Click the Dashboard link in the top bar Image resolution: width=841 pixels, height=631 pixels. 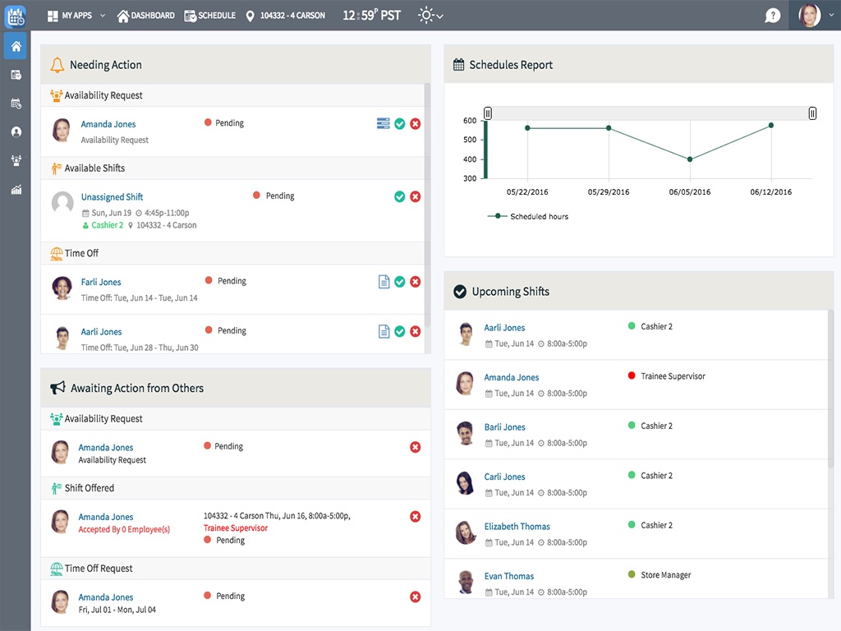146,16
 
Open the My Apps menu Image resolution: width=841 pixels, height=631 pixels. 76,16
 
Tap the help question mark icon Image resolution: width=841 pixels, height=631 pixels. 772,16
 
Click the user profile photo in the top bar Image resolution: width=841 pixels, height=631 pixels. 809,16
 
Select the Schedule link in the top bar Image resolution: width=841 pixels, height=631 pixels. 210,16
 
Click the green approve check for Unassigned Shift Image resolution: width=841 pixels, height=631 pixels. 399,196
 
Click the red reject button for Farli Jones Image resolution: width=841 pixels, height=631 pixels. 416,282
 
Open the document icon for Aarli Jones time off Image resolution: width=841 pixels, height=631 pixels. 384,332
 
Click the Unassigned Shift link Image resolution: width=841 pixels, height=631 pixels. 112,197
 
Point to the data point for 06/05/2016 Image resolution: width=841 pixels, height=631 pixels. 690,159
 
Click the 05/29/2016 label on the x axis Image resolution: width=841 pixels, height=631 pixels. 609,192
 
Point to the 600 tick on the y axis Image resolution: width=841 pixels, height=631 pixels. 470,121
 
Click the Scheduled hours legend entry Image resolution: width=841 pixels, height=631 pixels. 538,217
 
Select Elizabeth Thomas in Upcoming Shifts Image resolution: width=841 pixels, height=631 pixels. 517,527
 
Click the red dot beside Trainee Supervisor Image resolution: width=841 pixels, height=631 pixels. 632,376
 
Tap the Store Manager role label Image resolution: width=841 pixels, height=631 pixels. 665,576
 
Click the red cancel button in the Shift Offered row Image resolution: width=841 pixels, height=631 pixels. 416,517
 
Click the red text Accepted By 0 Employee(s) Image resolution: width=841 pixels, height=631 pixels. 124,530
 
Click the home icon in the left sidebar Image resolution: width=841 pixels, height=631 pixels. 16,46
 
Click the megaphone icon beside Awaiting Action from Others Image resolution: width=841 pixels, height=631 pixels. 57,389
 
